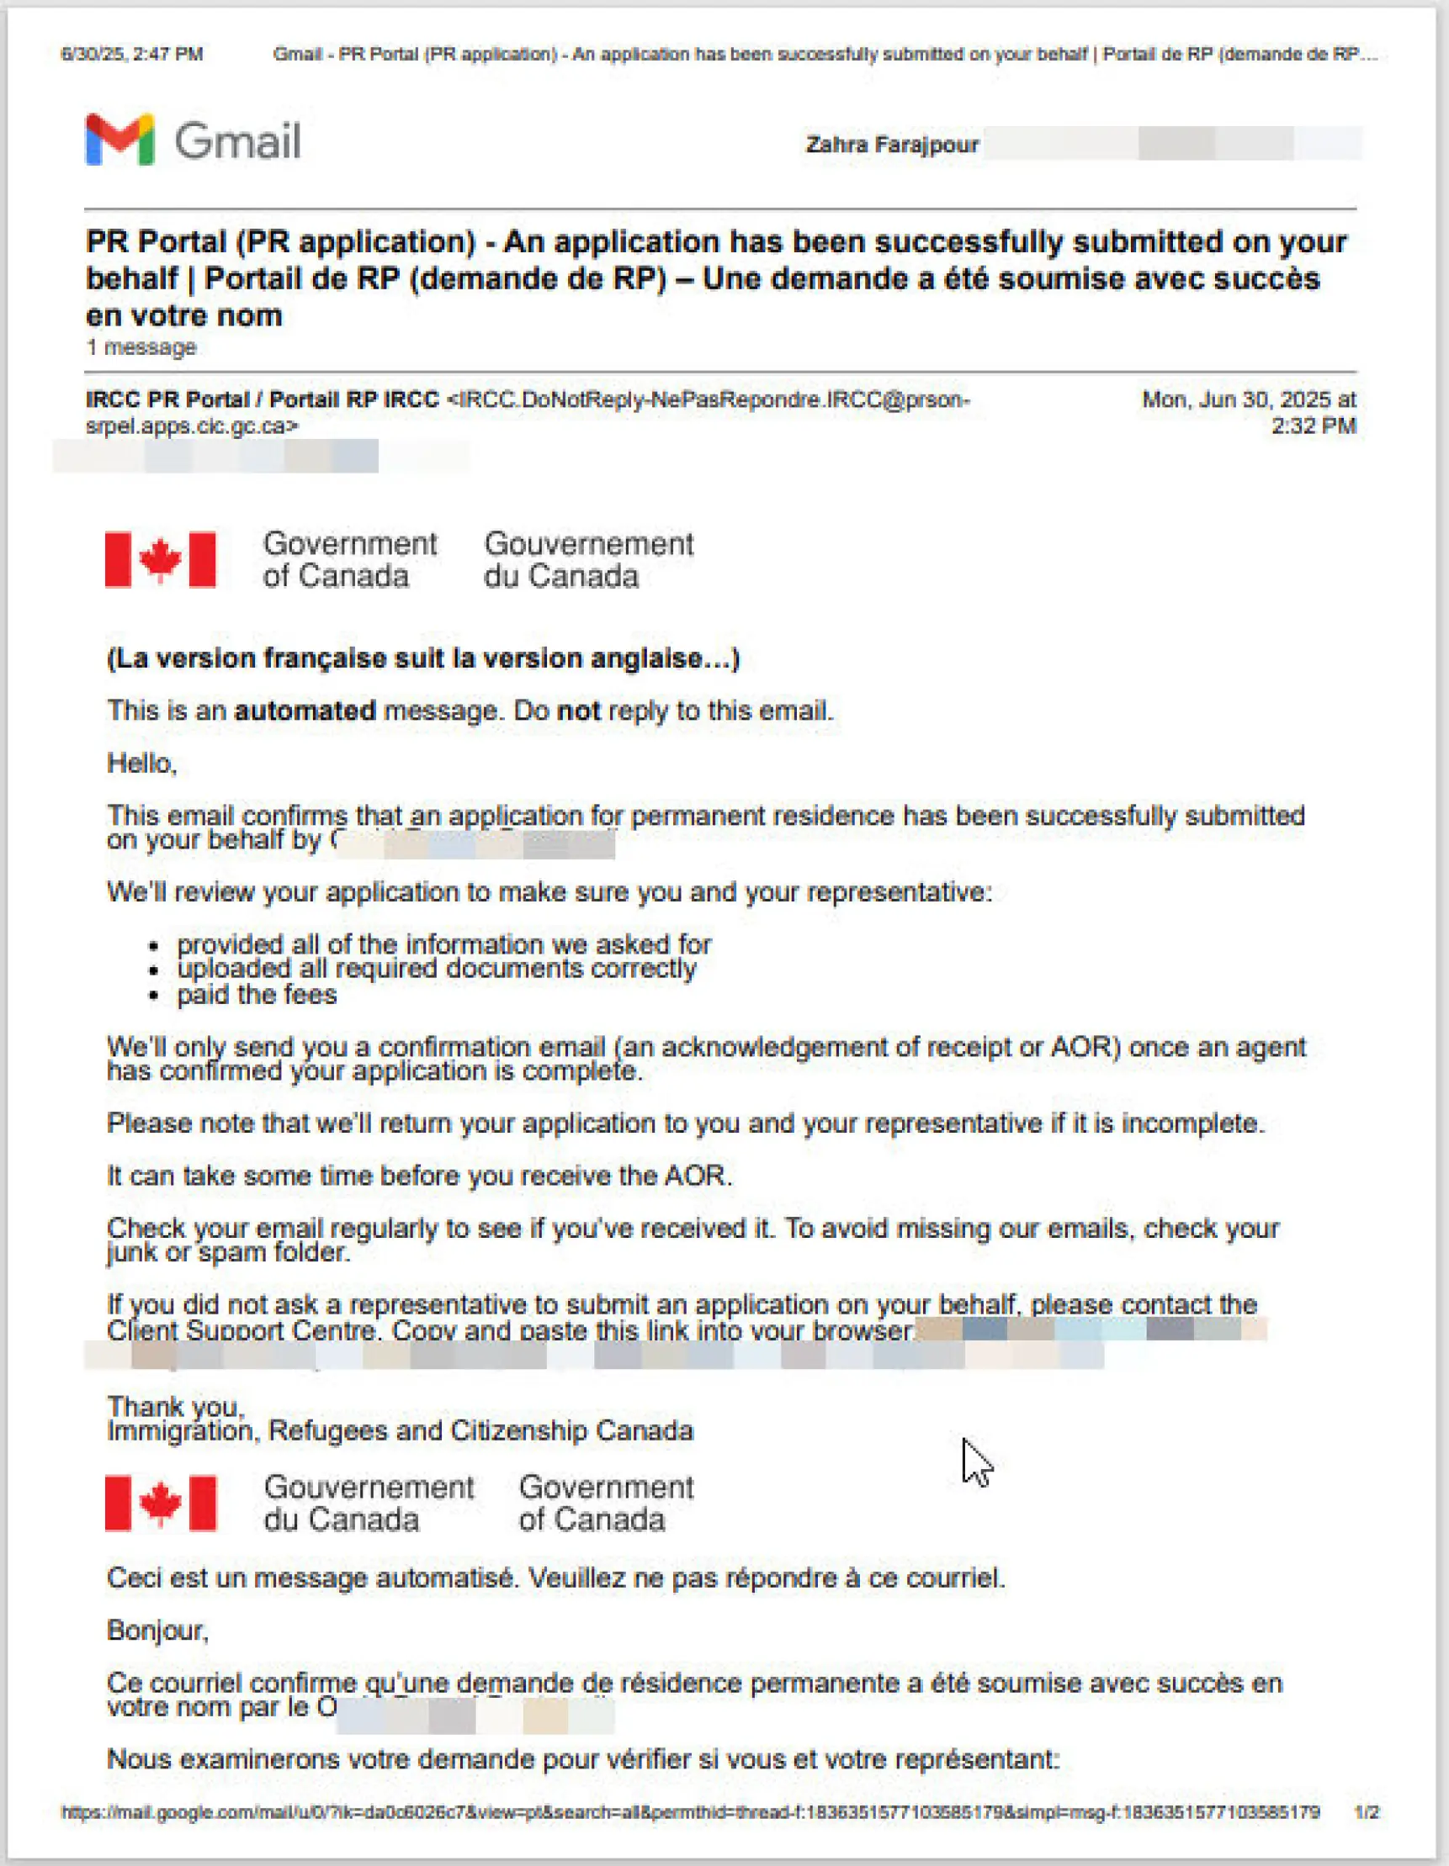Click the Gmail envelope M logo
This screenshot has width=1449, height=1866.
[x=119, y=139]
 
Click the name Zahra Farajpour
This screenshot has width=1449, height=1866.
[x=892, y=145]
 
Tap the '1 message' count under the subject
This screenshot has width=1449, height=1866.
[x=141, y=348]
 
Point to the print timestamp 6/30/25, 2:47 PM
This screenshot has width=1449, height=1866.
[x=131, y=55]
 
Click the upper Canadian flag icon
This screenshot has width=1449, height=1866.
[x=160, y=559]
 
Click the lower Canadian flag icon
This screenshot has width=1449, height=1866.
[x=160, y=1503]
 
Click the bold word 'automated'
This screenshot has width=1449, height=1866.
[x=305, y=711]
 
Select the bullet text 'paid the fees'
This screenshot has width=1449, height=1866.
[x=257, y=995]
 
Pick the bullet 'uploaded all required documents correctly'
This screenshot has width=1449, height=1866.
[x=436, y=969]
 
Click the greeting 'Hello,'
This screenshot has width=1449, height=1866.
[x=142, y=763]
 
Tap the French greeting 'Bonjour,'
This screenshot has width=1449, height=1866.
[x=157, y=1631]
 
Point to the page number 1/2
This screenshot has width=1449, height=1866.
[x=1366, y=1812]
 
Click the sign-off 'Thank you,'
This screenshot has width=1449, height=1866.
[x=175, y=1406]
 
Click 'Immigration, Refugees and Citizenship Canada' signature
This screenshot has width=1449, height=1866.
[x=400, y=1431]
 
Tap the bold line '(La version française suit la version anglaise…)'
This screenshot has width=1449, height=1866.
[x=423, y=658]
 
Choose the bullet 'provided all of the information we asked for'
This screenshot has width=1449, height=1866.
[x=443, y=944]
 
